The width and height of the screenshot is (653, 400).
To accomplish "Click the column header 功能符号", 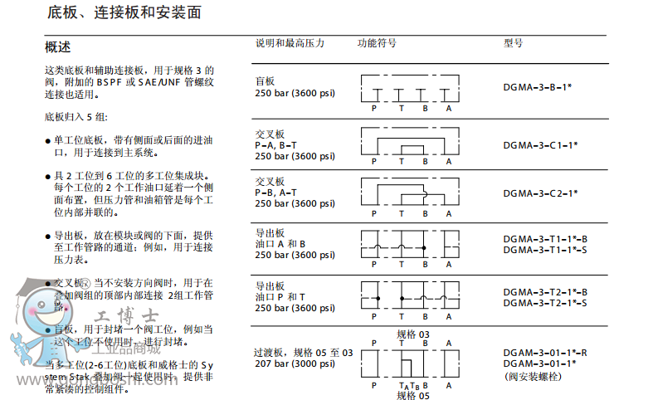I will (377, 43).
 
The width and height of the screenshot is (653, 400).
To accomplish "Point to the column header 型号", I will (514, 43).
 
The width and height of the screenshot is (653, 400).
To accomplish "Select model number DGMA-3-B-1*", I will (538, 86).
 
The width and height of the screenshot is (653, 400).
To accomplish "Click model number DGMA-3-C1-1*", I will (540, 144).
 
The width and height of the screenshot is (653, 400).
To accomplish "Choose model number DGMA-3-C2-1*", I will (540, 193).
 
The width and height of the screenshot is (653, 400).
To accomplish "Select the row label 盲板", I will (265, 81).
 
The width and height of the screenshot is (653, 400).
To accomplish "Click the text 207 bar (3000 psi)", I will (295, 363).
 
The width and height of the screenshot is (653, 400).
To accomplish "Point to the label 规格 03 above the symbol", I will (412, 334).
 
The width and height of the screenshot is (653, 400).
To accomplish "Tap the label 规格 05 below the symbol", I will (412, 395).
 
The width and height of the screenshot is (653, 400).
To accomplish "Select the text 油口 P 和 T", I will (280, 296).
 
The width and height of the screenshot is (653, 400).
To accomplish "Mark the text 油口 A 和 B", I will (280, 244).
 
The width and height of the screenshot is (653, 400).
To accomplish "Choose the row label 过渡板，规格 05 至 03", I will (303, 353).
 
